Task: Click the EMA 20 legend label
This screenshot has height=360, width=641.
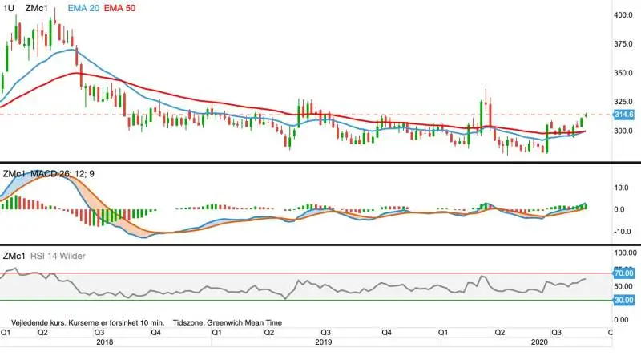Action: (x=83, y=8)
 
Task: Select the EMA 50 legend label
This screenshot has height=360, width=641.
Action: (x=119, y=8)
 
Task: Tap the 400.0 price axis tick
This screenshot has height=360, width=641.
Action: (x=623, y=15)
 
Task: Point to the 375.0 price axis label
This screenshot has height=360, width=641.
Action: (x=623, y=44)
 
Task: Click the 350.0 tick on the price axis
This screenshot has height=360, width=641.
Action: (x=623, y=73)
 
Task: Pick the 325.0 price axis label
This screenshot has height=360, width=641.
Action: (x=623, y=102)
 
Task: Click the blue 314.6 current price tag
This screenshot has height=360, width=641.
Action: (x=624, y=115)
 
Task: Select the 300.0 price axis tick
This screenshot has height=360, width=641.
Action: (x=623, y=131)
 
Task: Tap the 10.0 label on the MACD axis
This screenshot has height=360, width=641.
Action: (x=622, y=188)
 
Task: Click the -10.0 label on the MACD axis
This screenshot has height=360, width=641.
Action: (x=622, y=231)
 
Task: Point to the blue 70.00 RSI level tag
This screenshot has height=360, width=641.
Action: (x=624, y=273)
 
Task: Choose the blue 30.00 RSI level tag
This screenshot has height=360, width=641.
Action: (x=624, y=301)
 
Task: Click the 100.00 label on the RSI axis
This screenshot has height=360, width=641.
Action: (x=626, y=253)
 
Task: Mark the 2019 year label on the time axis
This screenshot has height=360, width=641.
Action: (x=324, y=342)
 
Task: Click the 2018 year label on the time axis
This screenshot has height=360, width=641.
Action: (x=105, y=342)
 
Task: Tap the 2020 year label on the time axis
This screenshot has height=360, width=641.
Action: (x=539, y=342)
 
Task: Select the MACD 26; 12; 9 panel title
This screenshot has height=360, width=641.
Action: (x=62, y=174)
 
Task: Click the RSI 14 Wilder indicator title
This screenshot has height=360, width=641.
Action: (x=58, y=256)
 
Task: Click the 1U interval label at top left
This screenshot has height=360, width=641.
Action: (x=8, y=8)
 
